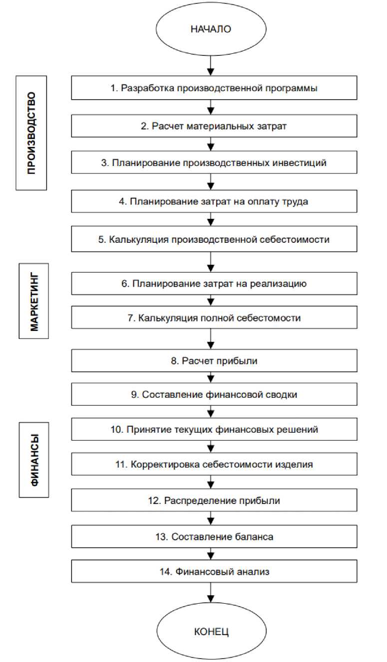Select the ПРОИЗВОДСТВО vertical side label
(x=31, y=133)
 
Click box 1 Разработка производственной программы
(x=214, y=88)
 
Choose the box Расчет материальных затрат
(x=214, y=126)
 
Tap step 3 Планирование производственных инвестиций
(x=214, y=163)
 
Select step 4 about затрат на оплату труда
(x=214, y=201)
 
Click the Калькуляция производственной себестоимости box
(x=214, y=239)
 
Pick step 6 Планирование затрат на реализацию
(x=214, y=284)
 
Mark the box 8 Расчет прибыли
(x=214, y=361)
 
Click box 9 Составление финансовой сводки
(x=214, y=394)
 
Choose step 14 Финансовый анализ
(x=214, y=572)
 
